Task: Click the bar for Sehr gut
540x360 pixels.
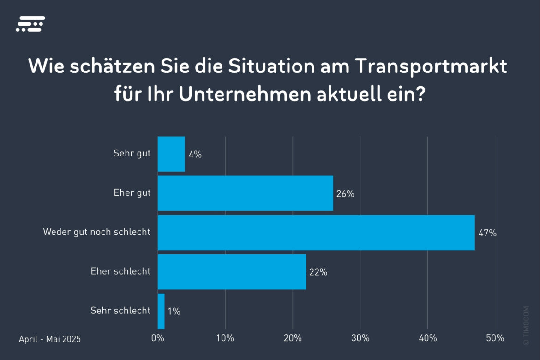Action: [171, 154]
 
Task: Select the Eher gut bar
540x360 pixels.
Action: [245, 193]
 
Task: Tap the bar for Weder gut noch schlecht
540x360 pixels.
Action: [316, 233]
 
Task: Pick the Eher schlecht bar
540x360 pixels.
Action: [232, 272]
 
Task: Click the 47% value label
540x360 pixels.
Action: [487, 233]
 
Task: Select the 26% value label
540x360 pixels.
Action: [345, 194]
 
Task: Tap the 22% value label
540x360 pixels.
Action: [318, 272]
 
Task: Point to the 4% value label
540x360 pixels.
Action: [195, 155]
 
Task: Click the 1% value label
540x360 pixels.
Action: [174, 312]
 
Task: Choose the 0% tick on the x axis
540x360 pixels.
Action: [158, 338]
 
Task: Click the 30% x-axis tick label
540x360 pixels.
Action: [360, 338]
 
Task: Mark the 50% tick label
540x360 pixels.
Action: [495, 338]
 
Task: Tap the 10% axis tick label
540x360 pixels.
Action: [225, 338]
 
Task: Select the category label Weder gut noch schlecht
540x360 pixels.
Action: [97, 232]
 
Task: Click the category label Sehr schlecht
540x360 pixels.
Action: [120, 310]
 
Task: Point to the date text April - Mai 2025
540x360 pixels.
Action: [50, 339]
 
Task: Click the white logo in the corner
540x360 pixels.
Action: [30, 24]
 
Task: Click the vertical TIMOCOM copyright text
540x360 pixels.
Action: [526, 326]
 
